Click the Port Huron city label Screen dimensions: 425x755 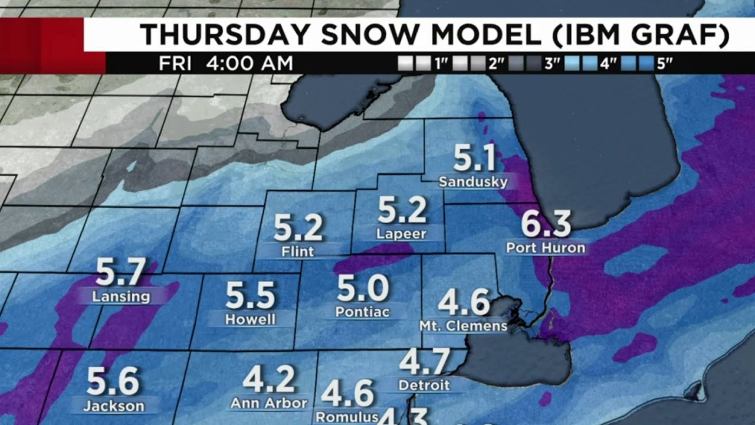tap(546, 248)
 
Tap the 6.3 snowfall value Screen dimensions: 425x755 tap(546, 224)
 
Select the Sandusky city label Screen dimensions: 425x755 tap(473, 182)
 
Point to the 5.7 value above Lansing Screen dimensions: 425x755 tap(120, 273)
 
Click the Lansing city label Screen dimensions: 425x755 tap(121, 296)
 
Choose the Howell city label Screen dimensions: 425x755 tap(250, 320)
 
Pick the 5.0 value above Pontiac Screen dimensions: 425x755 tap(362, 289)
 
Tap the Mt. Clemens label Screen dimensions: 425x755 tap(463, 326)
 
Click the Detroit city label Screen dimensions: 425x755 tap(424, 385)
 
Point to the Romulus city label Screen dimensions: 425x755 tap(347, 417)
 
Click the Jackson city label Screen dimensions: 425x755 tap(114, 406)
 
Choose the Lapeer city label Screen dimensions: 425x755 tap(401, 234)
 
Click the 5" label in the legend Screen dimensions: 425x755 tap(665, 64)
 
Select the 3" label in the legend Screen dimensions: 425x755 tap(552, 64)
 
